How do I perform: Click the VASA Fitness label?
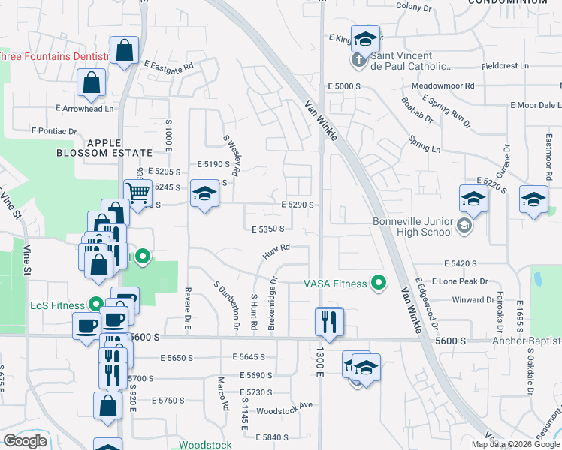pos(335,283)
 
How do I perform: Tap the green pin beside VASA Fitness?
pos(379,283)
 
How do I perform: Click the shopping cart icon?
pos(138,193)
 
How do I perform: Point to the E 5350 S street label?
pos(268,229)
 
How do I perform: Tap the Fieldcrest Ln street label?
pos(505,66)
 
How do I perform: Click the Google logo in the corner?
pos(26,441)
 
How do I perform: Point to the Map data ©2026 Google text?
pos(515,444)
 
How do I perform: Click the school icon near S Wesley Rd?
pos(203,194)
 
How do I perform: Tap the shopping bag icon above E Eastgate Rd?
pos(125,51)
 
